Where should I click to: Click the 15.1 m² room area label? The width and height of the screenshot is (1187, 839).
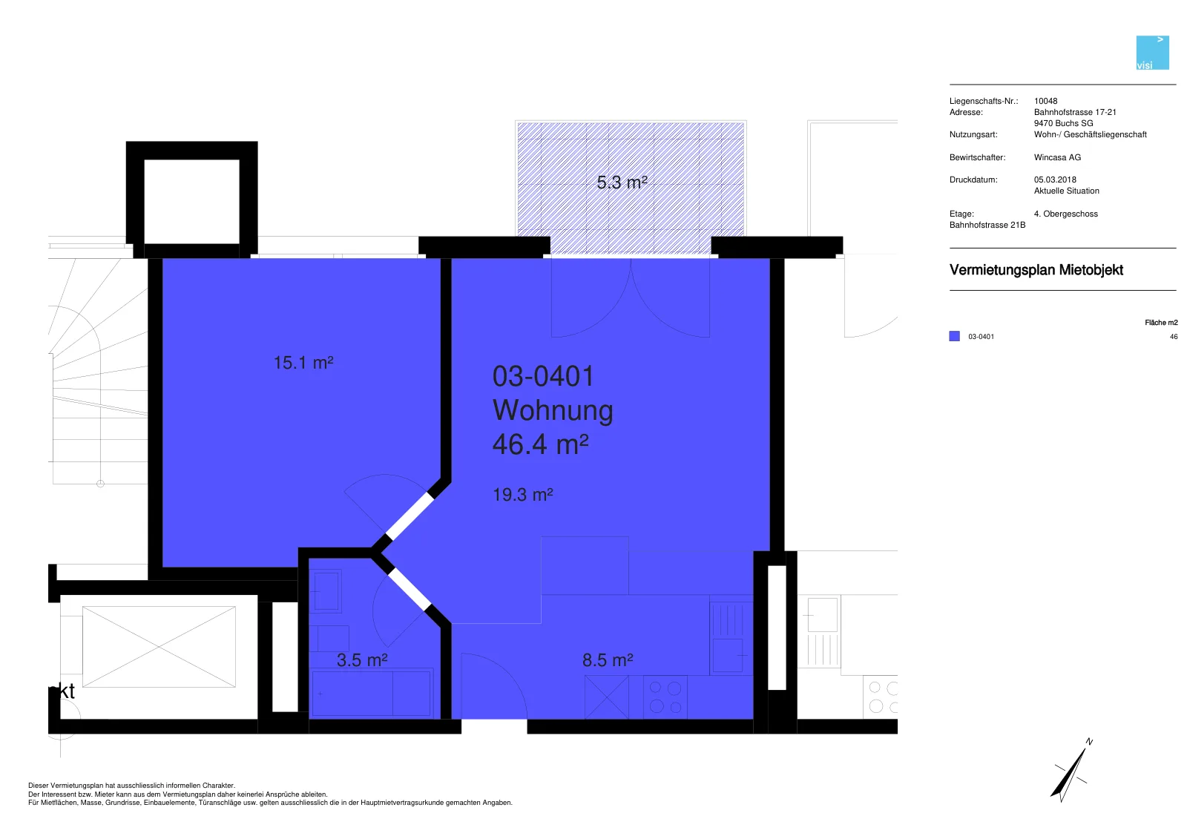click(303, 363)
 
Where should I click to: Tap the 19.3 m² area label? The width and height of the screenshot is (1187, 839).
click(522, 495)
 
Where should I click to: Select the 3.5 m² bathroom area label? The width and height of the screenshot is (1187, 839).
click(362, 660)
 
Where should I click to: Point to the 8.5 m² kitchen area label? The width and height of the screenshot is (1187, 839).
click(608, 660)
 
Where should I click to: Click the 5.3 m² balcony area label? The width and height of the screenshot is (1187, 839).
click(622, 182)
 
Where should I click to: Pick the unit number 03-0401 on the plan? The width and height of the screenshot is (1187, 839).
click(543, 376)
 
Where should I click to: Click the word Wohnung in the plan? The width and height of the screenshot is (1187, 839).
click(553, 410)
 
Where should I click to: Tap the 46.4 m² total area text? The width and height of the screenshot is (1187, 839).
click(541, 444)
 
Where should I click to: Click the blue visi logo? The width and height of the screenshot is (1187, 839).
click(1153, 53)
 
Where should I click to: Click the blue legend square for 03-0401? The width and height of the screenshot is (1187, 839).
click(954, 336)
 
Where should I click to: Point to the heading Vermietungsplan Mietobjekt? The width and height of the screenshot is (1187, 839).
click(1036, 270)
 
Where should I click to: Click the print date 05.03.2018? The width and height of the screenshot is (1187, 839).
click(1055, 180)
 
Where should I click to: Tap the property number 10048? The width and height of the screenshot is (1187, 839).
click(1045, 101)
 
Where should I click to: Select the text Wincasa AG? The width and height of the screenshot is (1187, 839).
click(1057, 157)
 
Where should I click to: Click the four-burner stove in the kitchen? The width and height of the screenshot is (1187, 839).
click(665, 697)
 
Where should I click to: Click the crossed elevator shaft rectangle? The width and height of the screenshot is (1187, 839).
click(159, 647)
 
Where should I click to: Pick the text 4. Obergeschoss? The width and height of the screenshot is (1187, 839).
click(1065, 214)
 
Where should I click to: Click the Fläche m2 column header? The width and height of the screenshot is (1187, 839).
click(1161, 323)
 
